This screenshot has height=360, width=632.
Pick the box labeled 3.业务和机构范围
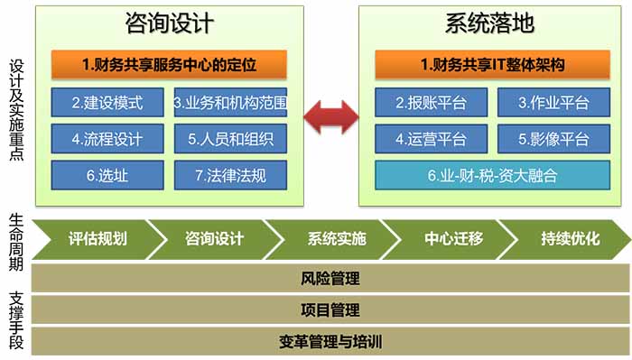tap(230, 101)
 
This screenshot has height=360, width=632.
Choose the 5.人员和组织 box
tap(230, 138)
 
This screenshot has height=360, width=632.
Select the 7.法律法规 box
tap(230, 174)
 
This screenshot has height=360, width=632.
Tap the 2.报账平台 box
tap(431, 102)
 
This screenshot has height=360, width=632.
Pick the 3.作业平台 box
tap(553, 102)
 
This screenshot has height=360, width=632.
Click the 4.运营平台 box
tap(431, 138)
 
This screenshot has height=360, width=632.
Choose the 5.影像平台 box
tap(553, 138)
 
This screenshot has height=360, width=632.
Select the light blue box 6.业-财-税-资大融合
tap(492, 175)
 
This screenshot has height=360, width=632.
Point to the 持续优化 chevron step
tap(570, 239)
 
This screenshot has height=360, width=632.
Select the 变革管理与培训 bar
tap(330, 342)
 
